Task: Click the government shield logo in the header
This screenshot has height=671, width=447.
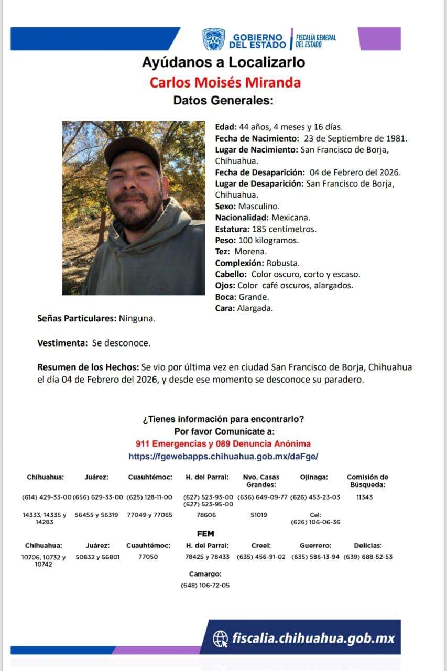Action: (214, 40)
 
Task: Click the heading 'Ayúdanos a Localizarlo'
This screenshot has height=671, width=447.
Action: (223, 63)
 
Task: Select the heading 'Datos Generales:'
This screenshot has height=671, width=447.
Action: (223, 100)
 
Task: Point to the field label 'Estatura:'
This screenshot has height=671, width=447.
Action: (233, 229)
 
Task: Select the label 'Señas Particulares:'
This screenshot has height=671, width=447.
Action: (77, 318)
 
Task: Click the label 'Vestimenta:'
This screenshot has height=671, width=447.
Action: (62, 343)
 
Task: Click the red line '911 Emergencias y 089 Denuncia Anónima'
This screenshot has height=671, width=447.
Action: (223, 443)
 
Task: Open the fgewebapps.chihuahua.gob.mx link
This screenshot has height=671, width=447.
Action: (223, 457)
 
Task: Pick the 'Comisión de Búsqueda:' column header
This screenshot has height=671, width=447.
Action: (367, 481)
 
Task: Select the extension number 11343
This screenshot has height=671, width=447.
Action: (364, 497)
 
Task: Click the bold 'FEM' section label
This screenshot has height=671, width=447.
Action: (205, 534)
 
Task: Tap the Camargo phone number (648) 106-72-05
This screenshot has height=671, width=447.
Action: (205, 585)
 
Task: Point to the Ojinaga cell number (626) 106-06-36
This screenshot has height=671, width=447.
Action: (315, 522)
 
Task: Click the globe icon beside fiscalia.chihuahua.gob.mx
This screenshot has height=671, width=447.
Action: (220, 638)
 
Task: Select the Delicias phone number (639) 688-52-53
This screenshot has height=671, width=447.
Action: (368, 557)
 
